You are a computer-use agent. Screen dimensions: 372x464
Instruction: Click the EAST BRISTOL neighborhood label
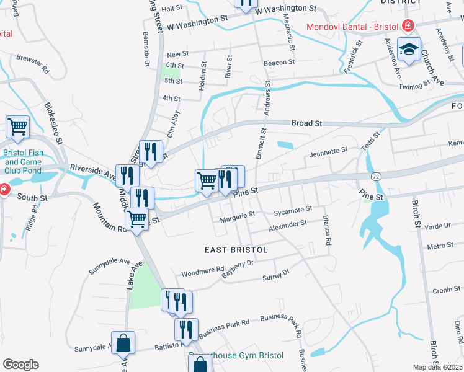[x=236, y=250]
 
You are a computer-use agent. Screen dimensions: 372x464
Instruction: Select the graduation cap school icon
[x=409, y=50]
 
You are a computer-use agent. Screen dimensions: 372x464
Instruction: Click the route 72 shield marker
[x=377, y=177]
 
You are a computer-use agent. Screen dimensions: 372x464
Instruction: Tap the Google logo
[x=20, y=365]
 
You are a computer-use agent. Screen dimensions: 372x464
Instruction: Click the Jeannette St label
[x=328, y=151]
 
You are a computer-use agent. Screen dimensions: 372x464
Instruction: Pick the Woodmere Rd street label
[x=202, y=272]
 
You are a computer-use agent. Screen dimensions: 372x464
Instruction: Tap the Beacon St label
[x=279, y=63]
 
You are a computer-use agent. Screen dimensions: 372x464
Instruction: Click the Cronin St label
[x=442, y=290]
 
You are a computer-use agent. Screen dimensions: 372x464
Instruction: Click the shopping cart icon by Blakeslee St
[x=18, y=126]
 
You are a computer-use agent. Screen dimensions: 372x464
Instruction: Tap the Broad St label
[x=306, y=123]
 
